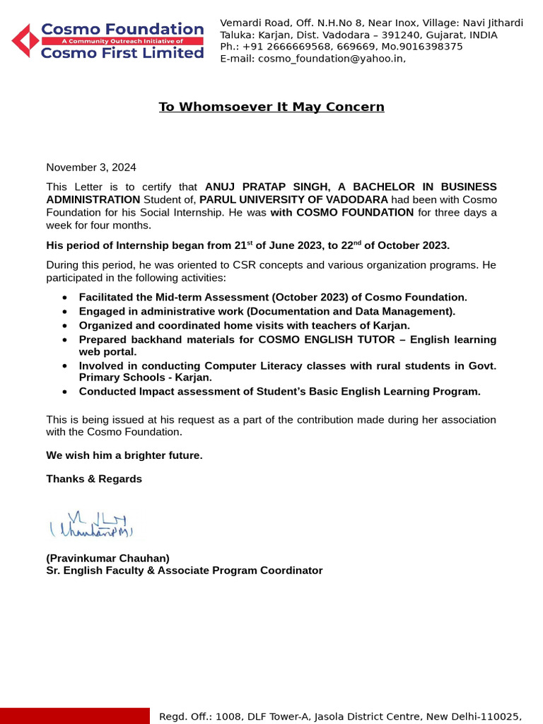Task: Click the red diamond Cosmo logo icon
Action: click(25, 40)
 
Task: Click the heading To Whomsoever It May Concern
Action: click(271, 107)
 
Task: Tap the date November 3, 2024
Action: click(91, 168)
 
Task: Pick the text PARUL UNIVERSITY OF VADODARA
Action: click(293, 200)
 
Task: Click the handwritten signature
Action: click(91, 525)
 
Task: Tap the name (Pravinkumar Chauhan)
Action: click(107, 558)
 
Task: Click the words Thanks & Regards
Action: click(94, 479)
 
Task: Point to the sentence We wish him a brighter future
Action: click(124, 455)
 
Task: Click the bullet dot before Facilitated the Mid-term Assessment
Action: click(65, 298)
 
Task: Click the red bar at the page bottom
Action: click(75, 716)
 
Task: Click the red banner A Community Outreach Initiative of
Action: click(122, 42)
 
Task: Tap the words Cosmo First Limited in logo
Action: click(122, 54)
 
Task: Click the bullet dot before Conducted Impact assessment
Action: click(65, 392)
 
